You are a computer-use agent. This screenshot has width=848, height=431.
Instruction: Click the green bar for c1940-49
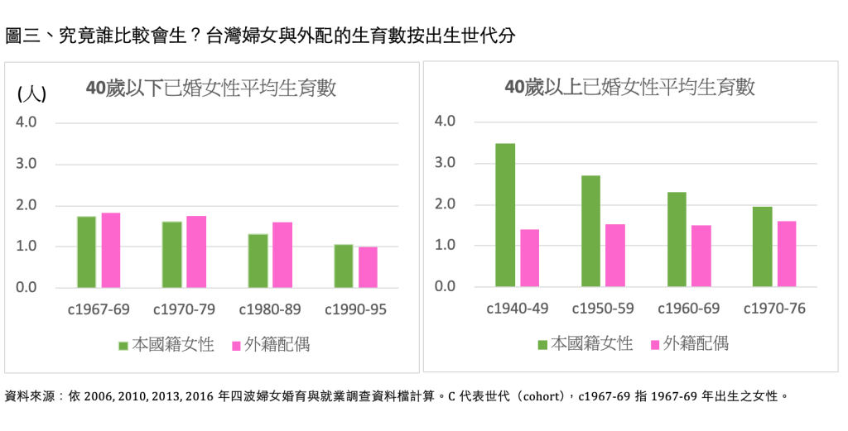click(505, 215)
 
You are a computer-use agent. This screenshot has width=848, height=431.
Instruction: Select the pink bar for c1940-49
click(529, 258)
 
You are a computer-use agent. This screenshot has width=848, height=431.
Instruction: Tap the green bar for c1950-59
click(590, 231)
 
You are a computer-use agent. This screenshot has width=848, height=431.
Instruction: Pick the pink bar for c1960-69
click(701, 256)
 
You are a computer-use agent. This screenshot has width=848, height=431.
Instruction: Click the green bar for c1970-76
click(763, 247)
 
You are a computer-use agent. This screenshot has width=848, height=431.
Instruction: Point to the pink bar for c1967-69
click(111, 251)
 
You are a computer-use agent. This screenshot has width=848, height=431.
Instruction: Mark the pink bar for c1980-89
click(282, 255)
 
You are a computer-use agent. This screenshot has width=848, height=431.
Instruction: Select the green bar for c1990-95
click(343, 266)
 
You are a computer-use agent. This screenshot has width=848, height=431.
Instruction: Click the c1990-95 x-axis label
click(355, 310)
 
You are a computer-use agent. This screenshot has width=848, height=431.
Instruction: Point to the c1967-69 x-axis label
click(99, 310)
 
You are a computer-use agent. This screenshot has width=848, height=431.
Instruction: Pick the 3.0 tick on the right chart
click(445, 163)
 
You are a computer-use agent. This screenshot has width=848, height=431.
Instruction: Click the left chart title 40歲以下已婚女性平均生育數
click(212, 89)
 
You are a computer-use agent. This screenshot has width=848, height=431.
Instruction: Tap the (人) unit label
click(31, 93)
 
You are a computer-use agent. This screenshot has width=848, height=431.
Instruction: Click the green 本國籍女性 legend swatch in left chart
click(123, 345)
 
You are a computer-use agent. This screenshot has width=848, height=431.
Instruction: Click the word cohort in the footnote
click(542, 396)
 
